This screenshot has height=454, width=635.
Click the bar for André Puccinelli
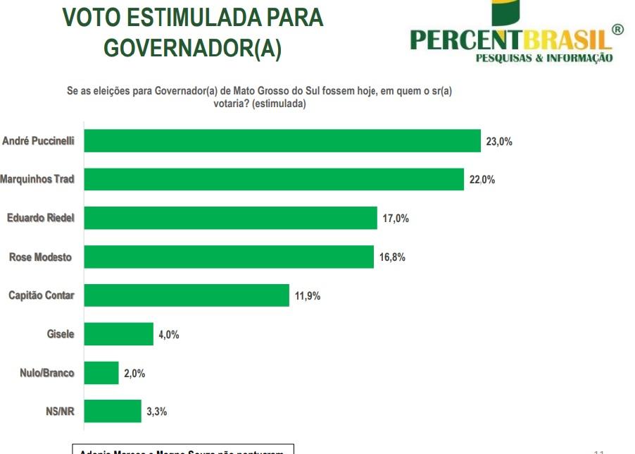[282, 141]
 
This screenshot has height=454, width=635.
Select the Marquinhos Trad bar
[274, 180]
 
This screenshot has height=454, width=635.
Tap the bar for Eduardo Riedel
[231, 219]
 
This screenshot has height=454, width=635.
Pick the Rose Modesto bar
[229, 257]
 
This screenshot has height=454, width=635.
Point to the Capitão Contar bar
[187, 295]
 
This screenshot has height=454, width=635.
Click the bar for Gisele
[119, 334]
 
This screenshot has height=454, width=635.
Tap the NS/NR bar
[113, 411]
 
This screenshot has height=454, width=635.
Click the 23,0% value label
[499, 142]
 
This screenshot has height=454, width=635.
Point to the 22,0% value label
[482, 180]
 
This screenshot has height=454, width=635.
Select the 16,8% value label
[392, 257]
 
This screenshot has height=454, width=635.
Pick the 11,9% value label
[308, 296]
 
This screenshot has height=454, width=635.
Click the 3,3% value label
[157, 412]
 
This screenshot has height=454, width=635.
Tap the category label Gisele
[60, 334]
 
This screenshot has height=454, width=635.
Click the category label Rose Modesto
[40, 257]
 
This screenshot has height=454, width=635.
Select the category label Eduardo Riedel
[40, 219]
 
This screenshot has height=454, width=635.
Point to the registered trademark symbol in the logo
[617, 30]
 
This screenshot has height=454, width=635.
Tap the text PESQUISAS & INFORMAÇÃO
[544, 58]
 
